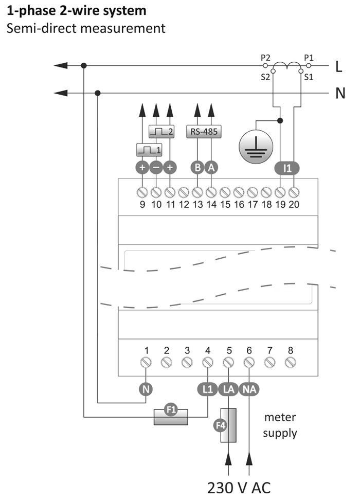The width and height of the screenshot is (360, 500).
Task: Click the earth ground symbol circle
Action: click(256, 147)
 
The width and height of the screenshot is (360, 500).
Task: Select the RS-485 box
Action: click(204, 132)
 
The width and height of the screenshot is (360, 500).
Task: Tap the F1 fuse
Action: click(171, 417)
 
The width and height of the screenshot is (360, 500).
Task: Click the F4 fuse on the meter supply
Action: click(228, 425)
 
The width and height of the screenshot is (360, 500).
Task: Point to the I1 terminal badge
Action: click(287, 168)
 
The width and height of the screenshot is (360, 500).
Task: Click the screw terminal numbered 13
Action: click(197, 192)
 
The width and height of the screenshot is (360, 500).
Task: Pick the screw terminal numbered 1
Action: click(146, 362)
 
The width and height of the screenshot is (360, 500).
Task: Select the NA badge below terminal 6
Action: click(249, 389)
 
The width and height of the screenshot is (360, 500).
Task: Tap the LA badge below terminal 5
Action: click(228, 389)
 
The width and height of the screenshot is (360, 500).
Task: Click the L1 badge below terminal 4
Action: click(208, 389)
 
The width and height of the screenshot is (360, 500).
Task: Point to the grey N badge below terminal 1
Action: click(146, 389)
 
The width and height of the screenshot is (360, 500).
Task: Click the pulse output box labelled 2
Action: click(161, 131)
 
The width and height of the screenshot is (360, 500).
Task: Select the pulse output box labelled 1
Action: click(149, 150)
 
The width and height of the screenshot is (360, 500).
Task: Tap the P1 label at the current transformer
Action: click(309, 58)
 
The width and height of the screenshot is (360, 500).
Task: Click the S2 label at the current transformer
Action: click(265, 77)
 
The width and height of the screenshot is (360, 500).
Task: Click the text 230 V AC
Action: click(239, 488)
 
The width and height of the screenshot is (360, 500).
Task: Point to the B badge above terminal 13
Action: click(197, 167)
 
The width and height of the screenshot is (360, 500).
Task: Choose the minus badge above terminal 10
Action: click(156, 167)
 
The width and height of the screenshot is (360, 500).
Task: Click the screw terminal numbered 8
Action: click(290, 362)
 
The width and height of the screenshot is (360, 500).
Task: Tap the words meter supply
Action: click(280, 425)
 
